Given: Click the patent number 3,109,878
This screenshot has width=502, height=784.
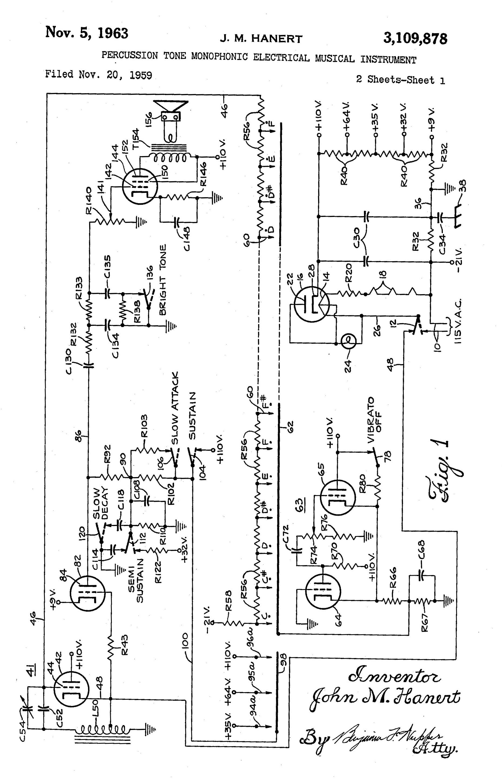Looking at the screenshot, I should tap(415, 38).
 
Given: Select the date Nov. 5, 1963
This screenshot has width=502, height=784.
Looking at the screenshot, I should tap(87, 33).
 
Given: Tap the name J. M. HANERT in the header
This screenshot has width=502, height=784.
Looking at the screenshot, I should tap(261, 39).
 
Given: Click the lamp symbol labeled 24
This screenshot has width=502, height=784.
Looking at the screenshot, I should tap(348, 341).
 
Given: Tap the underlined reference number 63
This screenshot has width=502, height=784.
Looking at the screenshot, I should tap(300, 504).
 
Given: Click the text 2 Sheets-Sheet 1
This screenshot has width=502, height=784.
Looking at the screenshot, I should tap(400, 80).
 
